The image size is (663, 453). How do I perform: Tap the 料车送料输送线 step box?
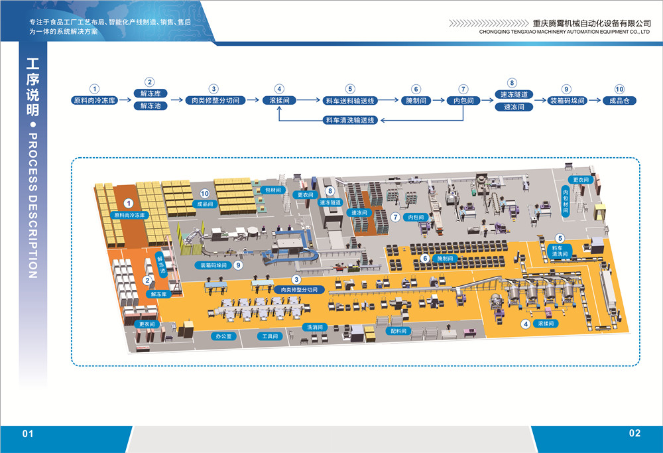coord(351,101)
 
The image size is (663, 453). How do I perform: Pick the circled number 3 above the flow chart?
coord(213,88)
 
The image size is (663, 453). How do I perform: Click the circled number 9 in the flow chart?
coord(566,88)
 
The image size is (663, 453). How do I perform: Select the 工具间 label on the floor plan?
coord(271,336)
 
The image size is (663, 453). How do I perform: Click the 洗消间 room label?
coord(314,328)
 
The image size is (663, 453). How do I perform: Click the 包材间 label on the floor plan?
coord(274,190)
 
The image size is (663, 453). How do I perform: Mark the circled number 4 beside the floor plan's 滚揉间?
coord(526,324)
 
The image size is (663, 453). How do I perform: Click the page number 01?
coord(28,434)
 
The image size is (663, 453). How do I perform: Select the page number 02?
coord(634,433)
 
